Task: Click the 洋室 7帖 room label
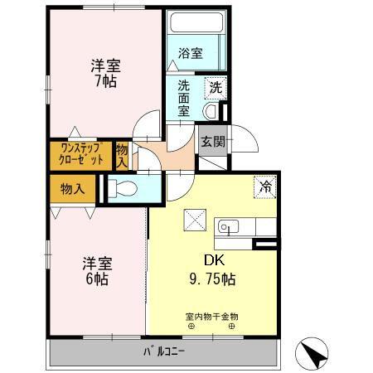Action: point(103,73)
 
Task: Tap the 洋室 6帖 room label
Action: point(97,271)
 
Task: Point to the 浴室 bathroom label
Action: point(191,54)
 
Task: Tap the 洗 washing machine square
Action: point(215,86)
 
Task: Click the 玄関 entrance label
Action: point(212,141)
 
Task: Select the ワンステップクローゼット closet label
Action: point(81,154)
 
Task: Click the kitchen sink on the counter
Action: point(227,225)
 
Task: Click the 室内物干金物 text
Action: point(211,316)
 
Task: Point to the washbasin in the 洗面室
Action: point(211,109)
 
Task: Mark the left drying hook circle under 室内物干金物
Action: point(191,327)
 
